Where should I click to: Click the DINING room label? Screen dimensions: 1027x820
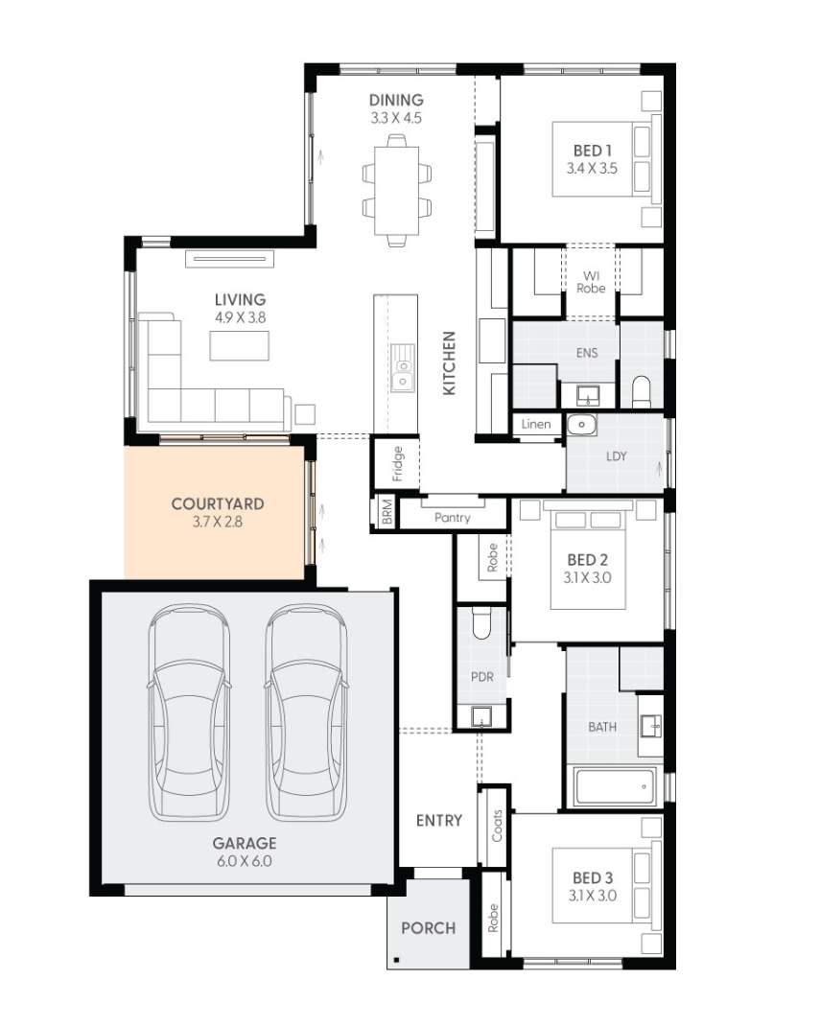pyautogui.click(x=396, y=100)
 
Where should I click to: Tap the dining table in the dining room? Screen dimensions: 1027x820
pyautogui.click(x=396, y=189)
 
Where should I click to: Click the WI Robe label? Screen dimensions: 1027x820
pyautogui.click(x=591, y=282)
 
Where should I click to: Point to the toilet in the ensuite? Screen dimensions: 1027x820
pyautogui.click(x=641, y=390)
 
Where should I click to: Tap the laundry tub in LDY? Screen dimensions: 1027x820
pyautogui.click(x=581, y=426)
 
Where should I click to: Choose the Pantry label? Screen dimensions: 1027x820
pyautogui.click(x=452, y=518)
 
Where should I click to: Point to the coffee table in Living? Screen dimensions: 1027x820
pyautogui.click(x=239, y=345)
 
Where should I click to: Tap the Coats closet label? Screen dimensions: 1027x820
pyautogui.click(x=497, y=826)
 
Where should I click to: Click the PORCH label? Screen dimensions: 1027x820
pyautogui.click(x=428, y=928)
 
